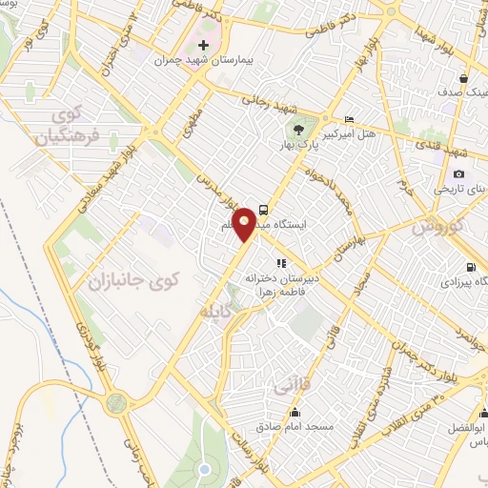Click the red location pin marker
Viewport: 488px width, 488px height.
click(245, 222)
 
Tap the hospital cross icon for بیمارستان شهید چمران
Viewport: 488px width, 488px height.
click(202, 45)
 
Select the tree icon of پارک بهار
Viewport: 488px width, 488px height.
click(300, 131)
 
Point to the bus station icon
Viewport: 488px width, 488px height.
click(263, 211)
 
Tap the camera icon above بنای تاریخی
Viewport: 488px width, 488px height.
click(458, 173)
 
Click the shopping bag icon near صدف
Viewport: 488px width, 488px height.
click(462, 78)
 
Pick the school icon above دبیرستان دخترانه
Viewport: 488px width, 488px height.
click(280, 263)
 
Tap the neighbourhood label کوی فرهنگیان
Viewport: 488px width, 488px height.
click(67, 126)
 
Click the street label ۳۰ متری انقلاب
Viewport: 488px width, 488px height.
click(401, 391)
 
